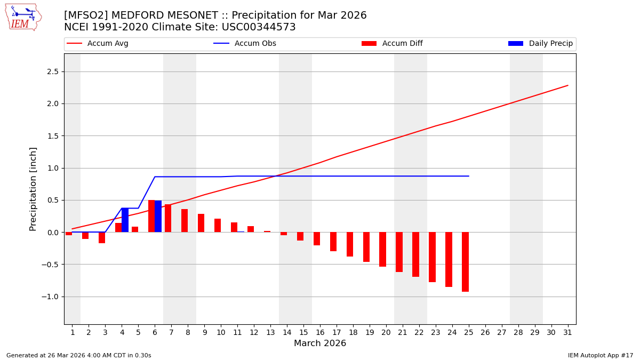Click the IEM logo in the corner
(23, 17)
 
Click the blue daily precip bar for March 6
(158, 217)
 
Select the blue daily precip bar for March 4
(125, 220)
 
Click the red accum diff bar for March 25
(465, 262)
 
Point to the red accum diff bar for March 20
(382, 249)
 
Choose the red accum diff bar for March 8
(185, 221)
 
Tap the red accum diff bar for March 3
(102, 237)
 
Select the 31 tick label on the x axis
(567, 332)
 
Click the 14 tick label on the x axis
(287, 332)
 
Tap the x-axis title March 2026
(320, 343)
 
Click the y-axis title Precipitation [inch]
(33, 189)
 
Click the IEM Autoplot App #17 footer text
(601, 355)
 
